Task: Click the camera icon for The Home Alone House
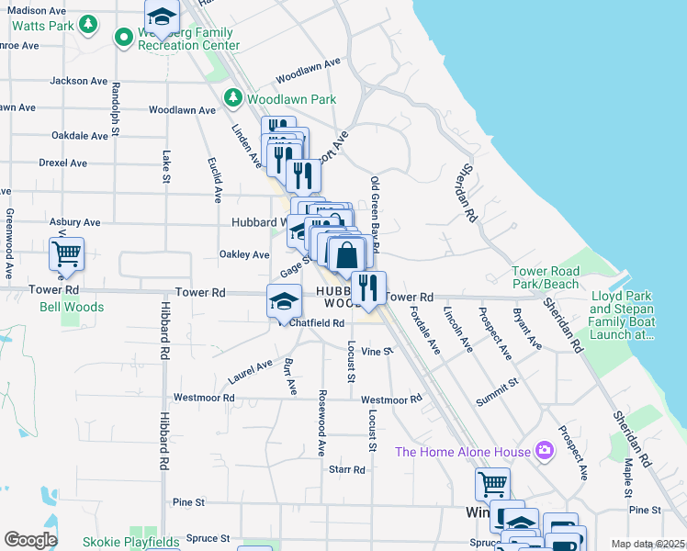click(x=545, y=450)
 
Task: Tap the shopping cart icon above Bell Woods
click(x=66, y=254)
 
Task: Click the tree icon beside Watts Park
click(x=88, y=24)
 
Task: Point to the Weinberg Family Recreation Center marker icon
click(x=123, y=37)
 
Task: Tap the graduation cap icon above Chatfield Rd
click(x=284, y=300)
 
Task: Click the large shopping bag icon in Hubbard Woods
click(x=347, y=255)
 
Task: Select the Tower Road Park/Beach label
click(x=546, y=278)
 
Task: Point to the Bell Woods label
click(x=72, y=307)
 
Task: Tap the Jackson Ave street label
click(x=81, y=81)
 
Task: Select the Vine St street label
click(x=377, y=351)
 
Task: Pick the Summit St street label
click(x=497, y=391)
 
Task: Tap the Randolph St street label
click(x=116, y=110)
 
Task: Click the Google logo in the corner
click(x=30, y=540)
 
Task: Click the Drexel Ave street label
click(x=62, y=163)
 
